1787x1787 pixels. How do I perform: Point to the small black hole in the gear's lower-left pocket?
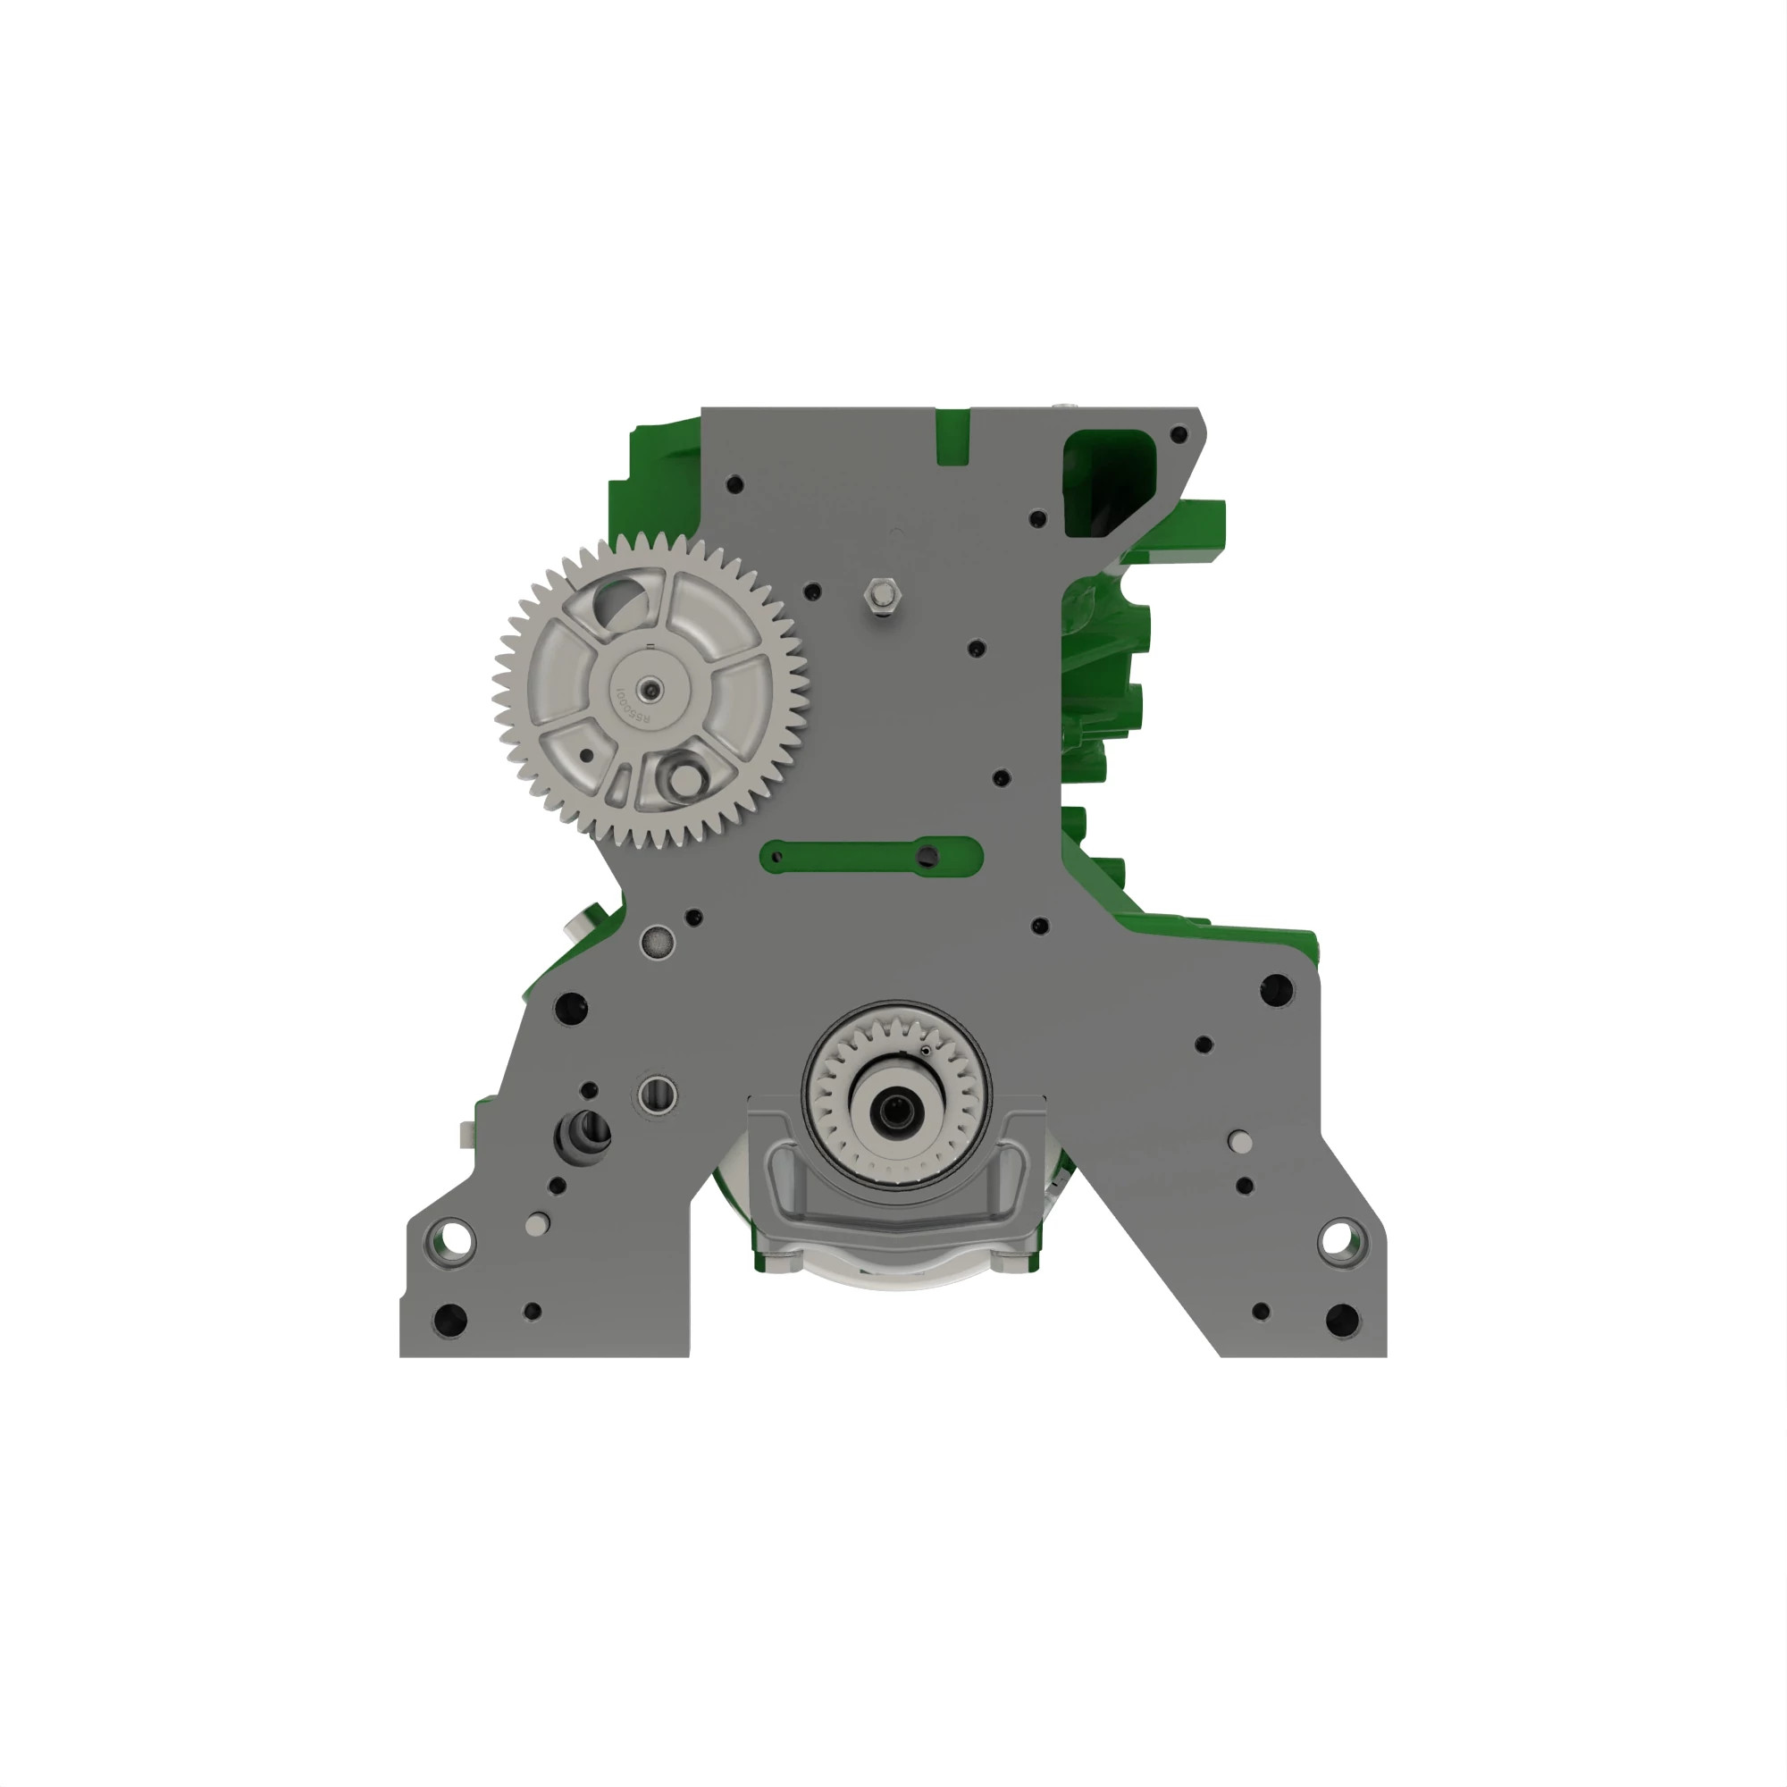[585, 756]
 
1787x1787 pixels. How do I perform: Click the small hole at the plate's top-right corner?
[1179, 434]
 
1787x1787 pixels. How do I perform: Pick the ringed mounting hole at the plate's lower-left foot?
[455, 1236]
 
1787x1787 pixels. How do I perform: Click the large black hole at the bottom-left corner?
[449, 1319]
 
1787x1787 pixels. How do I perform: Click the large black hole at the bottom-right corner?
[1342, 1319]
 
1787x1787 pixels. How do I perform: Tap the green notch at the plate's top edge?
[952, 437]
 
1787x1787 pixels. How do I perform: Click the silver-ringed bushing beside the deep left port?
[658, 1095]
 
